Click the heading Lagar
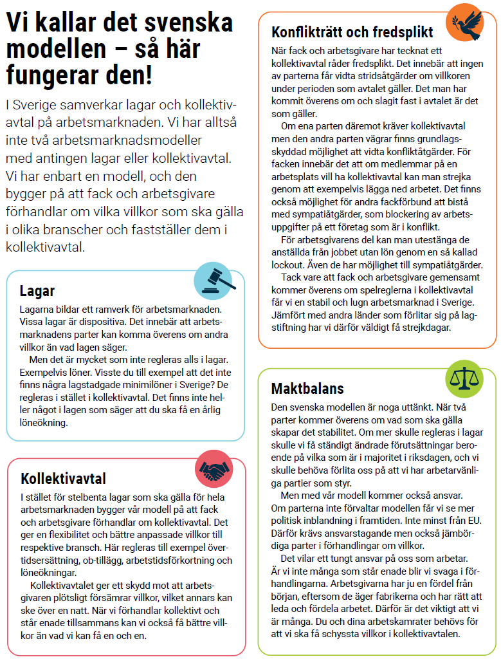tap(37, 290)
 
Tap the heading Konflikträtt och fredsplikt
tap(352, 32)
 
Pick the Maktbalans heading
tap(307, 388)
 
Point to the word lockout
tap(288, 265)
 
